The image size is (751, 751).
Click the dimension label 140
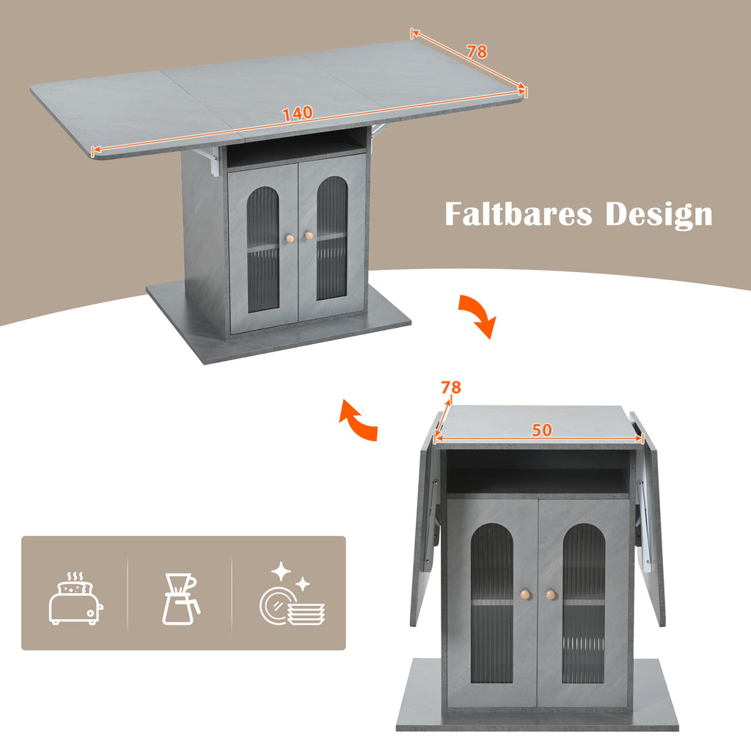click(298, 113)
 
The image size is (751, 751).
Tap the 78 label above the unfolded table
click(477, 51)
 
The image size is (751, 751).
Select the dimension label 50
click(542, 430)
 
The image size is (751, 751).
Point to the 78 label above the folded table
click(451, 387)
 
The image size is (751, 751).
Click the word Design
click(659, 215)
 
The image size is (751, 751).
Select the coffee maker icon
click(180, 598)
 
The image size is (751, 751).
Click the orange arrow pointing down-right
click(478, 315)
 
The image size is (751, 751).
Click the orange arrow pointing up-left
click(358, 420)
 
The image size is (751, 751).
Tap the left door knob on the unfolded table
click(290, 238)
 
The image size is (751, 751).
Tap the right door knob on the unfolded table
click(309, 235)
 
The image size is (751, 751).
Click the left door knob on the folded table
click(525, 594)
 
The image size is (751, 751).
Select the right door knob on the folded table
click(551, 595)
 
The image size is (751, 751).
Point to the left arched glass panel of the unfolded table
click(263, 249)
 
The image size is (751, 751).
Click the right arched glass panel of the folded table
click(583, 603)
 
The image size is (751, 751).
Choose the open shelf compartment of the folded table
click(538, 471)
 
